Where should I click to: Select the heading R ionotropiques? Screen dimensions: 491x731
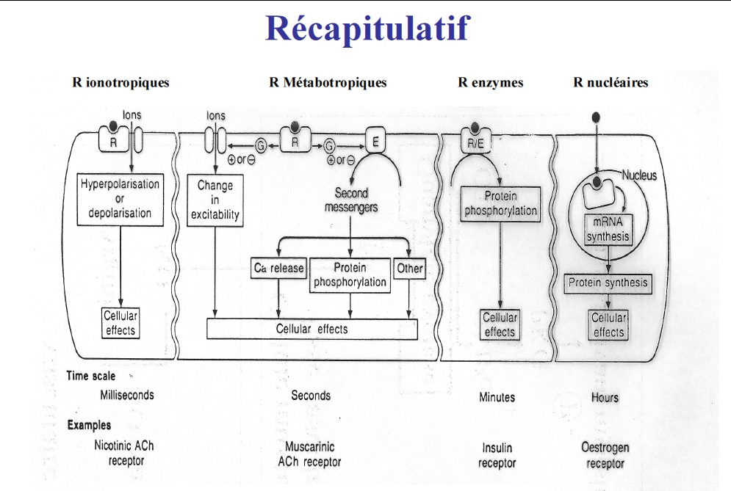[120, 83]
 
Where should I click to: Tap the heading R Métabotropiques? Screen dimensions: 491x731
[328, 83]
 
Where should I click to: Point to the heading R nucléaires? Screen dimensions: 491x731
[611, 83]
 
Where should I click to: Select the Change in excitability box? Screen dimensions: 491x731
[215, 200]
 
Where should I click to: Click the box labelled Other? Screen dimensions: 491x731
[409, 269]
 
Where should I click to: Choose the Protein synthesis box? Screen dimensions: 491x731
[608, 283]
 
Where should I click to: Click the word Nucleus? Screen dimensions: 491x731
[639, 176]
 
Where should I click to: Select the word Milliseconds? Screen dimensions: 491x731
[127, 395]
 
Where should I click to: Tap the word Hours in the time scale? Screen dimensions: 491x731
[605, 398]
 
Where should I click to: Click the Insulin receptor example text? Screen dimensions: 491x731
[497, 455]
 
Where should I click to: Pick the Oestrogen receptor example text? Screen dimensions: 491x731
[605, 455]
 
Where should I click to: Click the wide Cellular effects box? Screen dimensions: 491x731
[312, 330]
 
